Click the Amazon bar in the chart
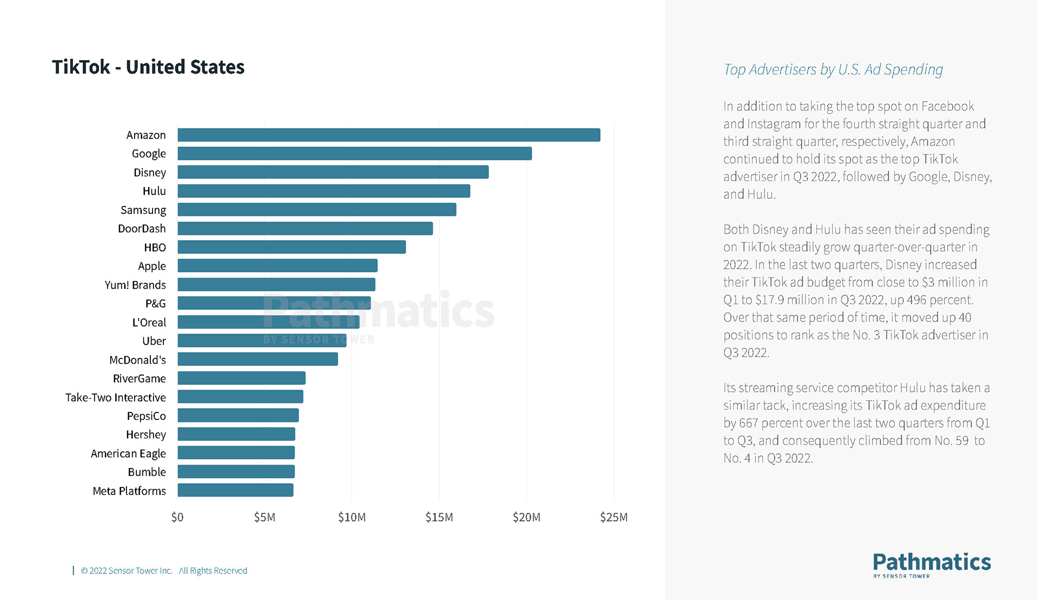(389, 135)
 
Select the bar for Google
(355, 154)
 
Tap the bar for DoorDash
(305, 229)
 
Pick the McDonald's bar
(257, 359)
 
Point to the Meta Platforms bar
(235, 490)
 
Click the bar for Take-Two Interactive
(240, 397)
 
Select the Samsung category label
(143, 210)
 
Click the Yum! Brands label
(135, 285)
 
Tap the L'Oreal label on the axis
(149, 322)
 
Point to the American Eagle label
(128, 454)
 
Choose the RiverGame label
(139, 378)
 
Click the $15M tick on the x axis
(439, 517)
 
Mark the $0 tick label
(177, 517)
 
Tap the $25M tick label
(614, 517)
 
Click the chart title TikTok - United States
(148, 67)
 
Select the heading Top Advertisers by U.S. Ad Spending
(833, 70)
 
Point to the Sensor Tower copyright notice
(164, 571)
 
